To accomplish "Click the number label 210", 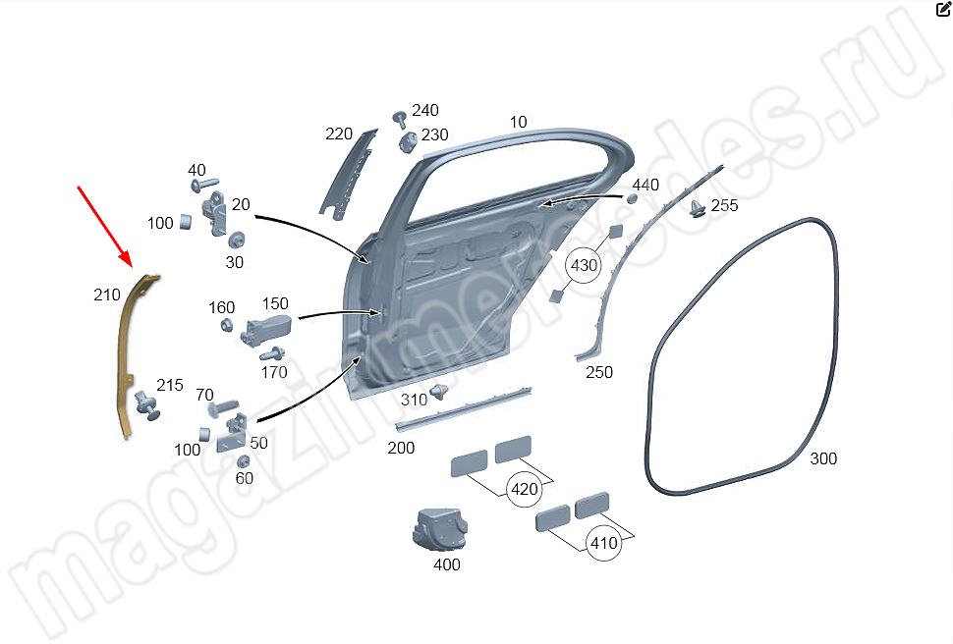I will pos(106,295).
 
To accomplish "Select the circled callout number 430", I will pos(584,266).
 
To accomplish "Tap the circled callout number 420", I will pos(524,488).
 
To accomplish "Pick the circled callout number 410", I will pos(605,542).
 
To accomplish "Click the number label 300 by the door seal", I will pos(823,458).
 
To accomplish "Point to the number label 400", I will pos(446,564).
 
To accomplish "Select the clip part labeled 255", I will pos(698,207).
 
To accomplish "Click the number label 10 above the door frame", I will pos(518,122).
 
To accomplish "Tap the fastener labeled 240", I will pos(400,119).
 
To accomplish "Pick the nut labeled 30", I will pos(236,241).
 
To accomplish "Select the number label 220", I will pos(339,134).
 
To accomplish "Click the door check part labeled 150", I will pos(266,331).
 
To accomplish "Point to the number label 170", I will pos(274,372).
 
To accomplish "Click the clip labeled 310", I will pos(439,392).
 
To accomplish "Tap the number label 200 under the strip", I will pos(401,448).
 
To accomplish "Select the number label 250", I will pos(598,372).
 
